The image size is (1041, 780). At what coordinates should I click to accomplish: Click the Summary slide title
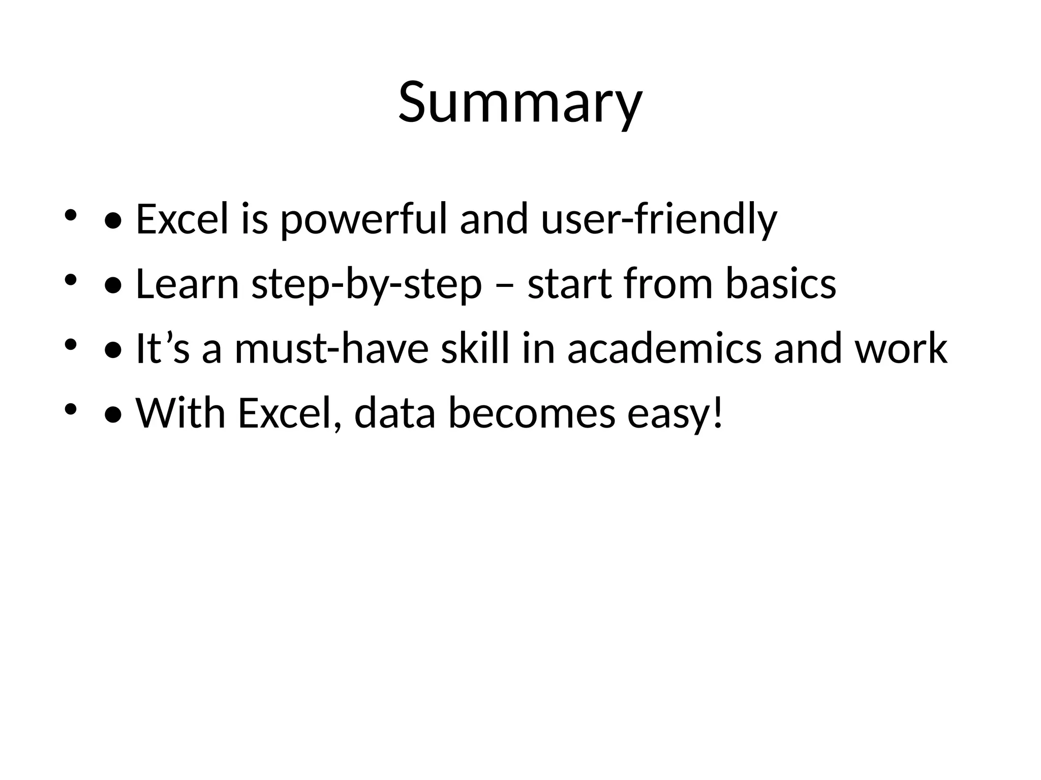pos(520,103)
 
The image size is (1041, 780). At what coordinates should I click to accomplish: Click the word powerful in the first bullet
pos(364,219)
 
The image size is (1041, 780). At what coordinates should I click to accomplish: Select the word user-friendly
pos(659,219)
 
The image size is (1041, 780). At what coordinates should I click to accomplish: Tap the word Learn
pos(187,284)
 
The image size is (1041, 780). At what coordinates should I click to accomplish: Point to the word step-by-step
pos(366,285)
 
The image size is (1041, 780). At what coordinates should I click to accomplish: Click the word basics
pos(781,284)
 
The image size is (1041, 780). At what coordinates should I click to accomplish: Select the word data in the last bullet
pos(395,413)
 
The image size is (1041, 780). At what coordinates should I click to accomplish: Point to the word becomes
pos(532,413)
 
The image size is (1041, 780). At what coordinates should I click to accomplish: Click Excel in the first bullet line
pos(182,219)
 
